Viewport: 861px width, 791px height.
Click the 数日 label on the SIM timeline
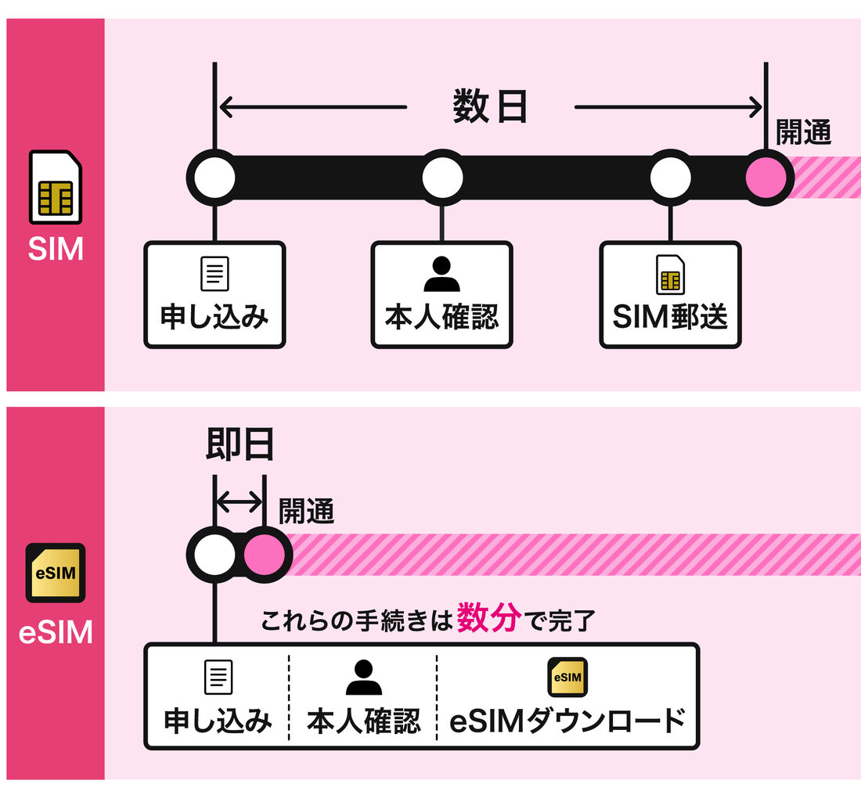click(x=490, y=107)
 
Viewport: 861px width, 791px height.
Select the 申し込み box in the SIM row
click(x=214, y=295)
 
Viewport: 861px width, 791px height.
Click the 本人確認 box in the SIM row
click(x=441, y=295)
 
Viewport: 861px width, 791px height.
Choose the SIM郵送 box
click(x=669, y=295)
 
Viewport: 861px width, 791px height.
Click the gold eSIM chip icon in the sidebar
click(x=56, y=573)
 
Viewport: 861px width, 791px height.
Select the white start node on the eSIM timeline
click(x=213, y=555)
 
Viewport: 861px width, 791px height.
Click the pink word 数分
click(x=489, y=618)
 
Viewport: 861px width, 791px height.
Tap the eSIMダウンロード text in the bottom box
click(x=567, y=721)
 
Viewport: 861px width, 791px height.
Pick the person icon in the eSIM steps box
click(x=363, y=678)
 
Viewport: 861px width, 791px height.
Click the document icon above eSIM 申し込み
click(x=218, y=678)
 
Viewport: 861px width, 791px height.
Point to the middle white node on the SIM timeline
click(x=442, y=178)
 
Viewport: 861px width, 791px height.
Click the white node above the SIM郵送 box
click(x=670, y=178)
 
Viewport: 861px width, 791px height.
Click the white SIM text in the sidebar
click(x=56, y=248)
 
